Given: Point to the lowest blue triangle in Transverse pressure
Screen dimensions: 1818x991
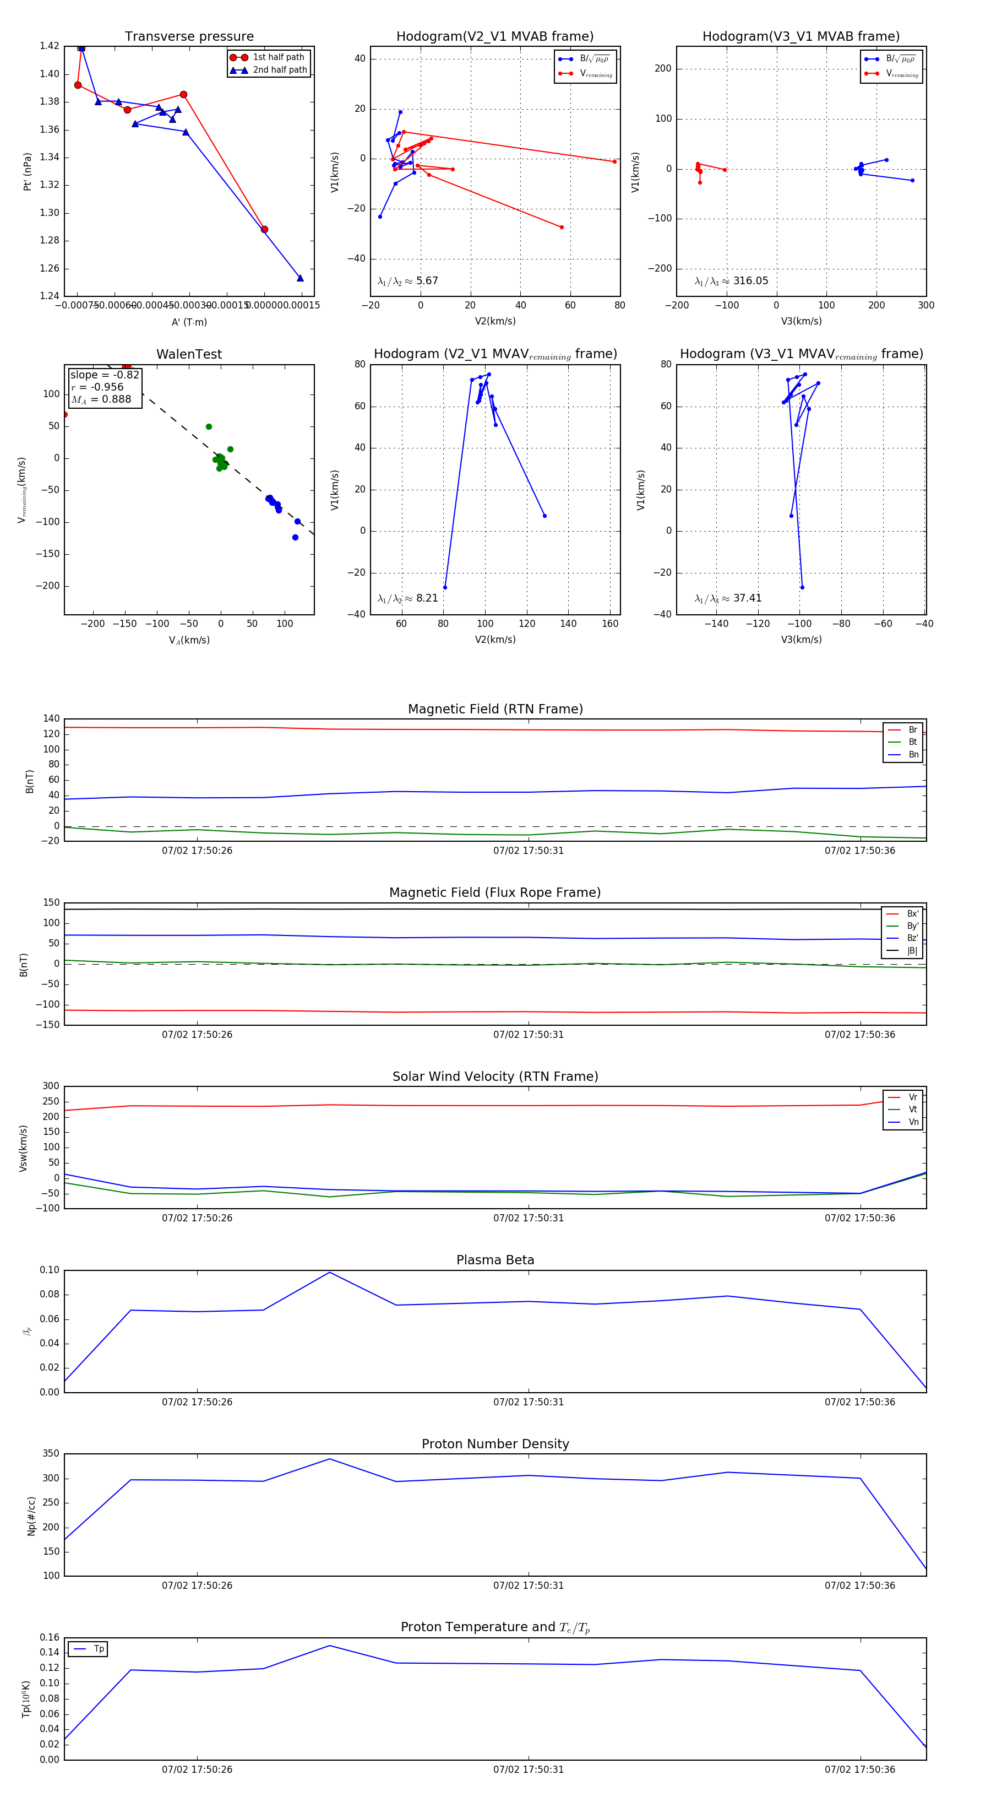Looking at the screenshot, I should click(x=300, y=278).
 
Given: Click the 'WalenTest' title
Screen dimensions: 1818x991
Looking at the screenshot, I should click(x=189, y=354).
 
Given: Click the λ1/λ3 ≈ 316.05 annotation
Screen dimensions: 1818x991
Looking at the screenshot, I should click(x=732, y=281).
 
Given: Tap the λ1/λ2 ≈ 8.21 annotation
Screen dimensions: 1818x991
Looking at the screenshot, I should click(x=407, y=598).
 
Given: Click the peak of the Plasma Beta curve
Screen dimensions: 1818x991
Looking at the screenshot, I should click(x=329, y=1273).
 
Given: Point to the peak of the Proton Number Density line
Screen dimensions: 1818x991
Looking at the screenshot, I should click(x=329, y=1459).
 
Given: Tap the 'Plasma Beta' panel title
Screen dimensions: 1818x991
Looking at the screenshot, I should click(x=495, y=1260).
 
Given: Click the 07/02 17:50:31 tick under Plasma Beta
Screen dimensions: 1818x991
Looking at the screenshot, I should click(x=529, y=1402).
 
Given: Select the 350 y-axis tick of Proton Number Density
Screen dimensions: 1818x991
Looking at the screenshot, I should click(x=51, y=1454).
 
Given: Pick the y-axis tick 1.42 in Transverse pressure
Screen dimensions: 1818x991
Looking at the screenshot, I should click(x=50, y=46).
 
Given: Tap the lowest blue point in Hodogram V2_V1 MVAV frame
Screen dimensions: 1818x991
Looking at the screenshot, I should click(x=445, y=587).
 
